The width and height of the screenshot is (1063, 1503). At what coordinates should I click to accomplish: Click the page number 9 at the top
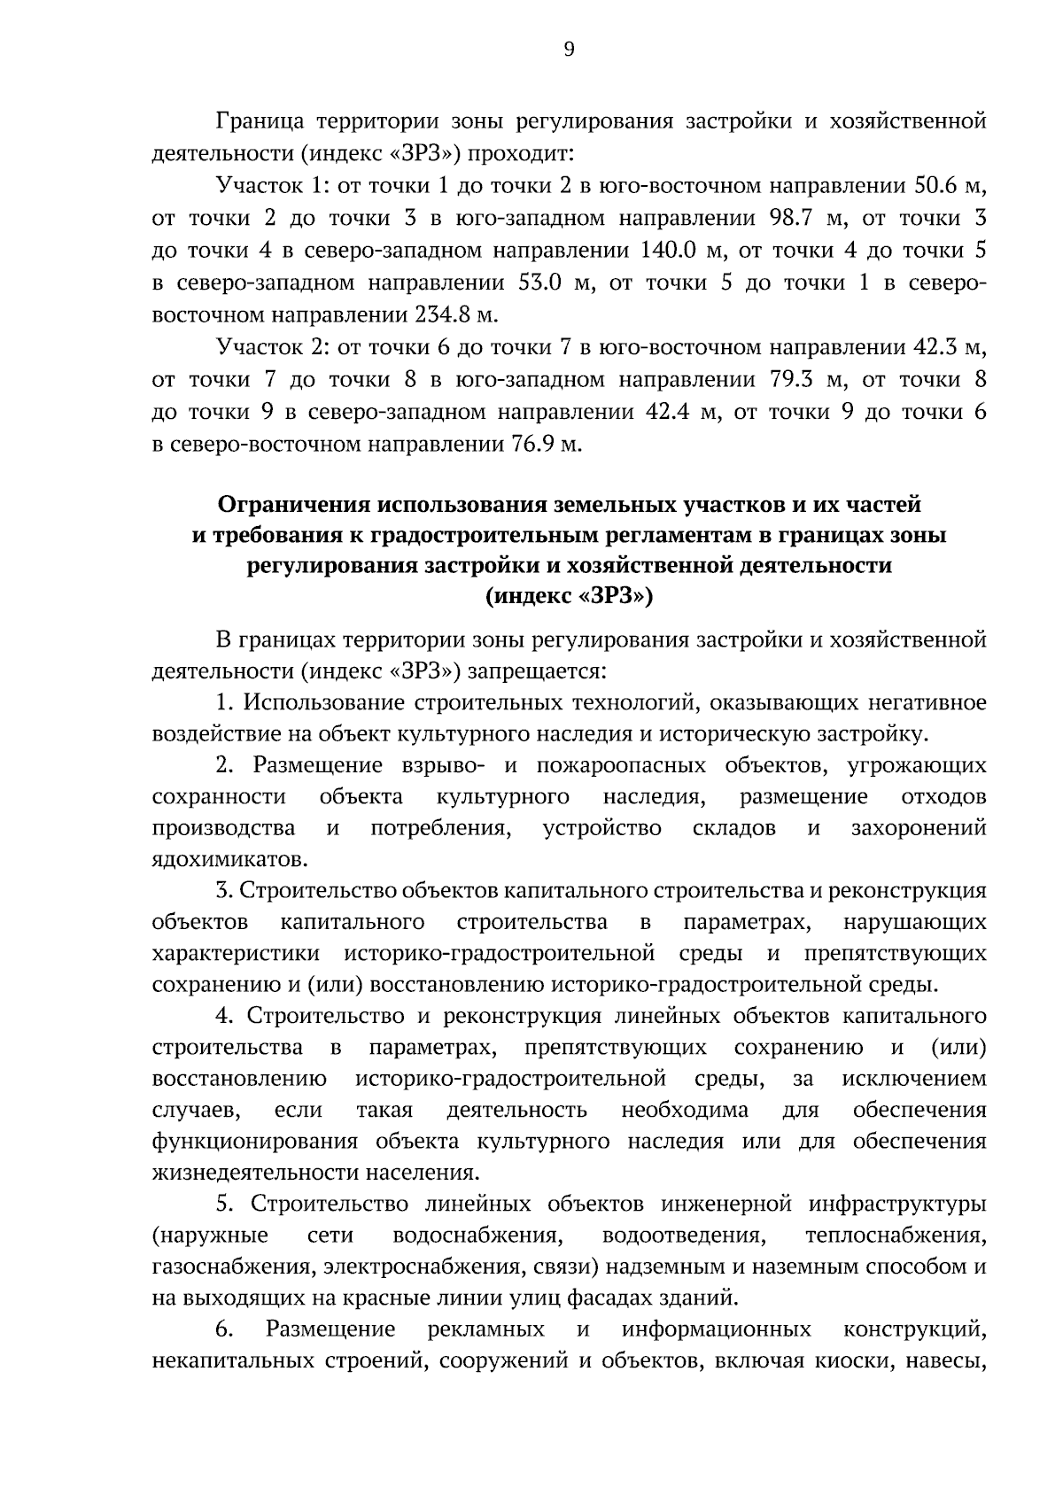[569, 50]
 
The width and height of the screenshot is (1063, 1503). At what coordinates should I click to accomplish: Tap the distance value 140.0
[669, 251]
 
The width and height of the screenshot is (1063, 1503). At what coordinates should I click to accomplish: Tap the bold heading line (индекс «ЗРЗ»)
[569, 597]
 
